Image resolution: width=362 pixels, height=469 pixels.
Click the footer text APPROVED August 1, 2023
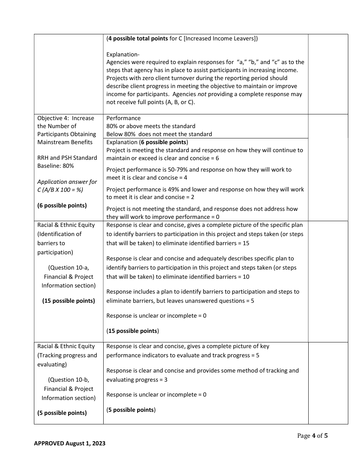(70, 443)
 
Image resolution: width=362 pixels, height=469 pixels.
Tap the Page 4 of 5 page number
(312, 435)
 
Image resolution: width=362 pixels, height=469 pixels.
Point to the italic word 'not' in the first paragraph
(202, 94)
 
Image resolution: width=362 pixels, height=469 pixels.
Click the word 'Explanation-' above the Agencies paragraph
(123, 55)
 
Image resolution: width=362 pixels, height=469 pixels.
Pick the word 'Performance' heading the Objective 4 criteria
(123, 118)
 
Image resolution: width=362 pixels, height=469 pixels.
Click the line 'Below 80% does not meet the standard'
(159, 134)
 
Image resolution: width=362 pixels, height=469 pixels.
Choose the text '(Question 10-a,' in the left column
(69, 268)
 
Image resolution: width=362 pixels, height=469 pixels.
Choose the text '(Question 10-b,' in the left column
(69, 380)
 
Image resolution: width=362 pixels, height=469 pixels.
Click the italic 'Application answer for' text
(67, 182)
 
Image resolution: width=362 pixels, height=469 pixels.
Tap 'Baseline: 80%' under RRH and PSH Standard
(56, 166)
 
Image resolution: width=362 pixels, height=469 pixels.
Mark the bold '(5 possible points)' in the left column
(62, 413)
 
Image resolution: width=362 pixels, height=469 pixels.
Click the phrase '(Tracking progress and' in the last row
(67, 355)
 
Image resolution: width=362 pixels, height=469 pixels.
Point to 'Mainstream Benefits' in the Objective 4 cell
(65, 142)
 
